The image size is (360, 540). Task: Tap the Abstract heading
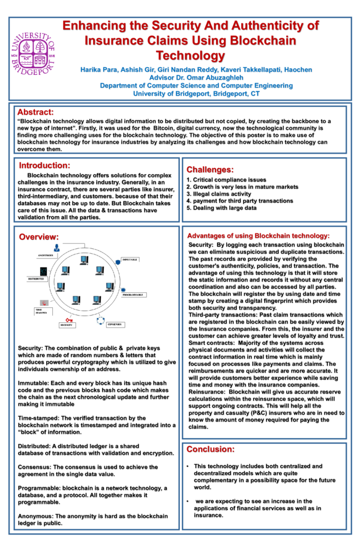(35, 112)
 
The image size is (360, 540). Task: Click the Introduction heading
(44, 165)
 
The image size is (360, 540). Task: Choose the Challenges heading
(209, 170)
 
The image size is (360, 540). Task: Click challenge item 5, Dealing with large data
(221, 208)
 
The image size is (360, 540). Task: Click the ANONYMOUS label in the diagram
(46, 255)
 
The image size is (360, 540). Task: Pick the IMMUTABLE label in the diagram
(130, 260)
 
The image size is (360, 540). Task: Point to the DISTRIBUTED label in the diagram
(36, 279)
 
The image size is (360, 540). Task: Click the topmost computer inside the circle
(84, 260)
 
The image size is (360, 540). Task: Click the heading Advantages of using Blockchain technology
(258, 236)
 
